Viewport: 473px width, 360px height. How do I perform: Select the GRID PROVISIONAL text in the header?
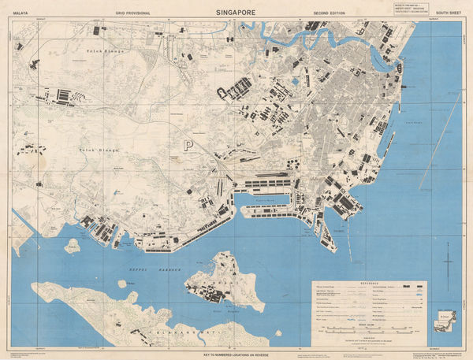pos(131,13)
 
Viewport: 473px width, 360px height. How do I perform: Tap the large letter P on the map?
pos(188,145)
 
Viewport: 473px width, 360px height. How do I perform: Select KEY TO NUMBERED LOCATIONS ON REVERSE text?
pos(236,354)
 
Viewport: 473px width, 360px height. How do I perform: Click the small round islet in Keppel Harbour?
pos(122,284)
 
